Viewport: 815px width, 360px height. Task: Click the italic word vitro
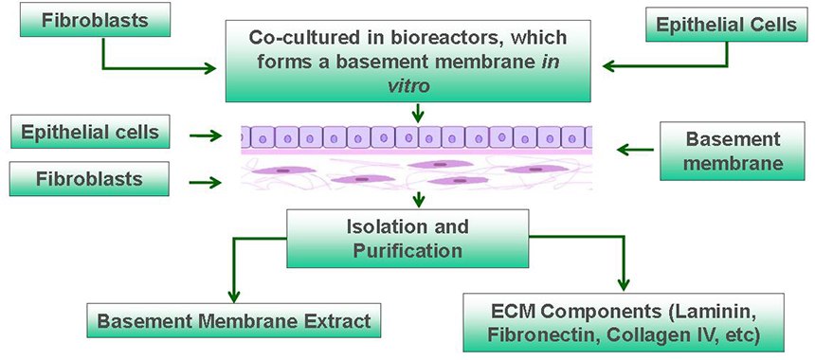413,83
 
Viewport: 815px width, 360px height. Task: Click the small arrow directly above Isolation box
418,200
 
